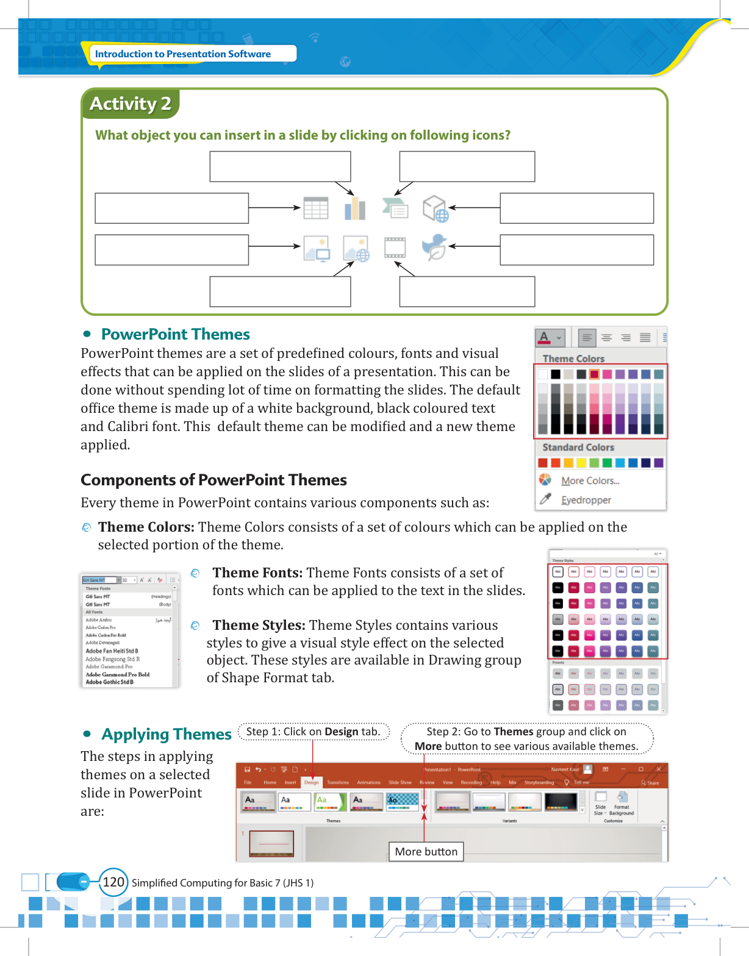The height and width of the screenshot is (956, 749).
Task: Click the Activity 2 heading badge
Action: coord(131,104)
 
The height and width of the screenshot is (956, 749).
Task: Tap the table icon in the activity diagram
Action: coord(316,208)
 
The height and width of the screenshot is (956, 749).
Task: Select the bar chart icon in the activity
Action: coord(355,208)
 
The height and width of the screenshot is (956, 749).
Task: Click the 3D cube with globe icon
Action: coord(435,209)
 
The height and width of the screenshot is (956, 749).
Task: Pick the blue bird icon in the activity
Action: coord(434,247)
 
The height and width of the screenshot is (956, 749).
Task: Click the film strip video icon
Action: coord(395,247)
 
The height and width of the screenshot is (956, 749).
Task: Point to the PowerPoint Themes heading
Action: coord(175,334)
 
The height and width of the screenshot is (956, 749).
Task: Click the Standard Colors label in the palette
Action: coord(578,447)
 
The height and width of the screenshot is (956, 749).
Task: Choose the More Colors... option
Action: coord(590,480)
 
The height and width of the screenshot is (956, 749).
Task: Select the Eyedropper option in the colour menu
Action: coord(586,500)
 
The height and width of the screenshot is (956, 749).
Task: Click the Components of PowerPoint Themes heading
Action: coord(213,480)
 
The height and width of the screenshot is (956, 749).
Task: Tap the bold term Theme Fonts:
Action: coord(257,573)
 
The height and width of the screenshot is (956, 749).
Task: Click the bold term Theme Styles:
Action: coord(259,625)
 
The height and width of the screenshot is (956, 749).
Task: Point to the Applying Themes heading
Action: coord(166,734)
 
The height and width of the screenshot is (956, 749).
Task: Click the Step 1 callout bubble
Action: coord(314,732)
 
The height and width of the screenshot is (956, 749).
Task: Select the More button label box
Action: coord(426,851)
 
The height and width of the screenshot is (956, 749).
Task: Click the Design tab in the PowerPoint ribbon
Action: coord(312,782)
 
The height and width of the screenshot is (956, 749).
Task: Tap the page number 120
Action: coord(113,882)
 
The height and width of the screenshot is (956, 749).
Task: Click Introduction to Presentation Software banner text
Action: coord(183,54)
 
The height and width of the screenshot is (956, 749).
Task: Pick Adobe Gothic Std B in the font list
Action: coord(110,682)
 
